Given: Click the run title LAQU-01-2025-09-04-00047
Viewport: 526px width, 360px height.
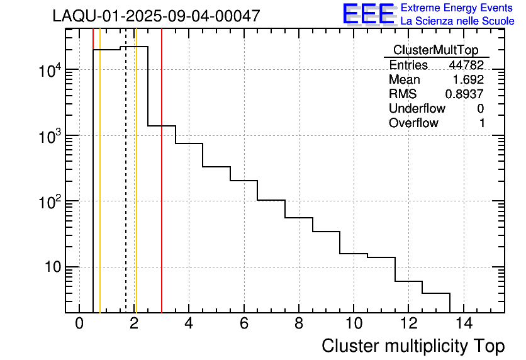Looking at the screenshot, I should click(x=156, y=16).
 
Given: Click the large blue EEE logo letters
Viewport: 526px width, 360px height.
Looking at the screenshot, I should click(x=368, y=14).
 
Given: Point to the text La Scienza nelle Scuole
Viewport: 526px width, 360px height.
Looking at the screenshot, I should click(x=457, y=21).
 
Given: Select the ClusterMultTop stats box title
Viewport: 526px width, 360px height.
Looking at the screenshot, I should click(x=435, y=50).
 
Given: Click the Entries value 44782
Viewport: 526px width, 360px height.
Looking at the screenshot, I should click(x=466, y=65).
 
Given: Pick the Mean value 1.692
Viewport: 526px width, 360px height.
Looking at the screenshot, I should click(x=468, y=79).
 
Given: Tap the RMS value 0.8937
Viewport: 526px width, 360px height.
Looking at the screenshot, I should click(x=464, y=94).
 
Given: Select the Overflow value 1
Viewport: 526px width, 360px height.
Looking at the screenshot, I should click(x=481, y=123).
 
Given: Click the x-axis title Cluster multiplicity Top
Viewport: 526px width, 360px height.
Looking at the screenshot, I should click(x=413, y=346).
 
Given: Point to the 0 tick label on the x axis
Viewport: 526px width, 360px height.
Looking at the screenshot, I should click(x=79, y=323).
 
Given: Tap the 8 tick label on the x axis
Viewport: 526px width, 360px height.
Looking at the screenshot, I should click(x=299, y=323).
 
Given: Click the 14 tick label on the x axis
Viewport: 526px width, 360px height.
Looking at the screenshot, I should click(x=464, y=323).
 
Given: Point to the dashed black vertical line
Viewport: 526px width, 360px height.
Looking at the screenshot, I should click(x=126, y=189).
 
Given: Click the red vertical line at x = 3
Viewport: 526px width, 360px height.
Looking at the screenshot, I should click(x=162, y=189).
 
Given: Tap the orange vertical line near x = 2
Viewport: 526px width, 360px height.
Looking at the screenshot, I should click(x=136, y=189).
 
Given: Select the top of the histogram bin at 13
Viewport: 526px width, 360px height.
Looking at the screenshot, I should click(x=436, y=293).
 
